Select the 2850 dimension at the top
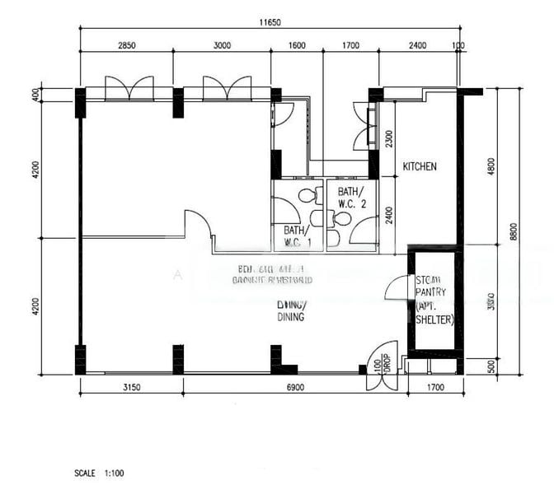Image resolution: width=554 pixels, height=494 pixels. [125, 45]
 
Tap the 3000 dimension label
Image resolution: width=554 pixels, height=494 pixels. [222, 45]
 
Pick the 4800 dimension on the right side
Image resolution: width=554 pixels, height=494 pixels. [492, 165]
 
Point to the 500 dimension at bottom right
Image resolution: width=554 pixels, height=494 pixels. [492, 366]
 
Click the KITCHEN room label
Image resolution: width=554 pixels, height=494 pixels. [419, 166]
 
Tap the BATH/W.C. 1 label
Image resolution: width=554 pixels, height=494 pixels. [298, 236]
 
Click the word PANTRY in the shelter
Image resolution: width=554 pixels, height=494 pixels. [430, 291]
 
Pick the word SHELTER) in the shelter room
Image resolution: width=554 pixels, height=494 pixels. [434, 320]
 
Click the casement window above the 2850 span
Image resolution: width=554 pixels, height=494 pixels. [129, 87]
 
